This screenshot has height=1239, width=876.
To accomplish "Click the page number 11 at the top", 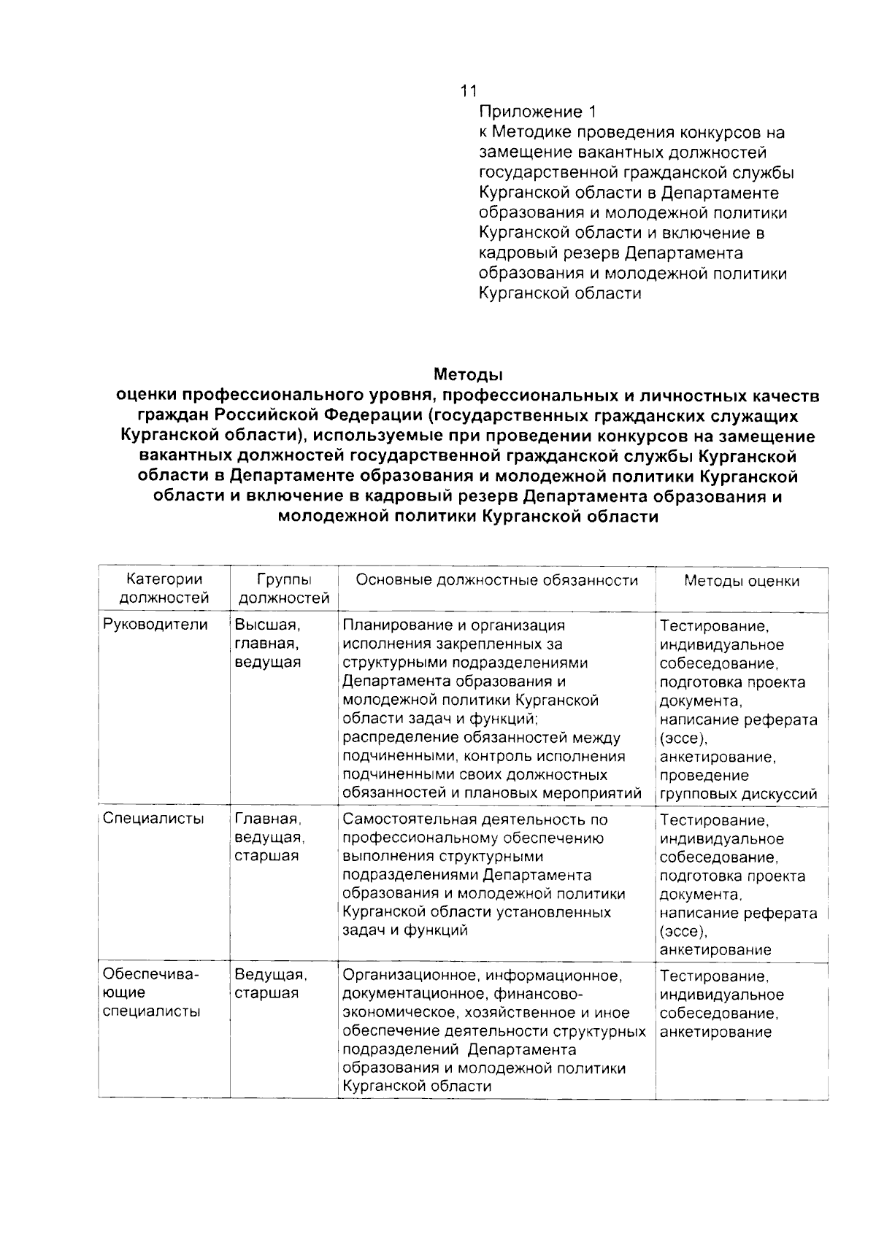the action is pos(468,91).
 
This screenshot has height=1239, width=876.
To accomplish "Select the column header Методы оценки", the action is pos(742,582).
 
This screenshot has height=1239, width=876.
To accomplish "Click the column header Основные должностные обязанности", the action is pos(496,581).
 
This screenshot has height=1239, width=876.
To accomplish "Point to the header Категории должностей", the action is pos(164,590).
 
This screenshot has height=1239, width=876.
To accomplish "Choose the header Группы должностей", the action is pos(284,590).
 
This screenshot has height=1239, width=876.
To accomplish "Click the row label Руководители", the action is pos(155,625).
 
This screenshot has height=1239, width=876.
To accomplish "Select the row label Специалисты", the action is pos(153,819).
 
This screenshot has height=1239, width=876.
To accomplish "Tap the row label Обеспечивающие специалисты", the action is pos(151,992).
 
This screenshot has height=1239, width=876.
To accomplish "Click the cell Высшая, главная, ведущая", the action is pos(268,644).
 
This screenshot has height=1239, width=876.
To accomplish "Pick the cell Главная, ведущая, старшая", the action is pos(269,838).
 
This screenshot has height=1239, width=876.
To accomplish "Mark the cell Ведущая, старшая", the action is pos(270,984).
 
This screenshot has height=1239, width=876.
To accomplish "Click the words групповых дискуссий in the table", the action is pos(738,795).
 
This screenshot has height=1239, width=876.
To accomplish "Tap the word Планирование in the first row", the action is pos(392,625).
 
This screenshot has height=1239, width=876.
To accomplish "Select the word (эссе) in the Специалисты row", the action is pos(683,932).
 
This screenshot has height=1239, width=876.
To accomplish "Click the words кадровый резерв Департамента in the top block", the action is pos(610,253).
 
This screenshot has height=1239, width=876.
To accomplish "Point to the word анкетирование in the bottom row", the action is pos(715,1032).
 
